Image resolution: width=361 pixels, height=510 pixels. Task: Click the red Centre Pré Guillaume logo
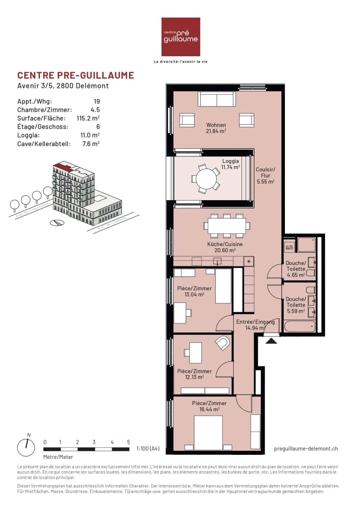coord(180,37)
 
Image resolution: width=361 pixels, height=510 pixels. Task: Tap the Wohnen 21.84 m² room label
coord(216,128)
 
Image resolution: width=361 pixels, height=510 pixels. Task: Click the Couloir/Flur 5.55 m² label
coord(265,175)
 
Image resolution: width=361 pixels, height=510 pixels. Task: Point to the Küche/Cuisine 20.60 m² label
coord(225,247)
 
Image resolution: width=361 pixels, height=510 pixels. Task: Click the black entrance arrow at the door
coord(271,341)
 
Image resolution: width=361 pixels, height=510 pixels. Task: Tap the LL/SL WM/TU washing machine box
coord(289,247)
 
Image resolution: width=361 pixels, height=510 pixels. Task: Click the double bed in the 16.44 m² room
coord(208,433)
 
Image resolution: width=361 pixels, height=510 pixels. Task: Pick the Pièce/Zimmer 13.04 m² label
coord(194,291)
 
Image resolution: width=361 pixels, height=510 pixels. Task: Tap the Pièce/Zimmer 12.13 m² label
coord(194,374)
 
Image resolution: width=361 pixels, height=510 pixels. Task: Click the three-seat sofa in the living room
coord(217,99)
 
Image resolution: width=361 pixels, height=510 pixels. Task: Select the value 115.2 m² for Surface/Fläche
coord(88,118)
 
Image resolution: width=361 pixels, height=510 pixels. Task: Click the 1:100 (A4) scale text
coord(148,449)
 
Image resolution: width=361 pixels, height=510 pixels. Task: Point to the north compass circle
coord(26,448)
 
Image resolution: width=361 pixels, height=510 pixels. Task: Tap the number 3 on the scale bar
coord(94,442)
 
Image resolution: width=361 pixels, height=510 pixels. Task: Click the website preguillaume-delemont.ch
coord(306,449)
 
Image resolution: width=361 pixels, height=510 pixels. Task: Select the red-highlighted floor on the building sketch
coord(62,166)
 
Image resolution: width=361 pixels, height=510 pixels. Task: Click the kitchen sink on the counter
coord(217,262)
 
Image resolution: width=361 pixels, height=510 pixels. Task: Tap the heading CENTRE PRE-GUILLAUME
coord(75,75)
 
